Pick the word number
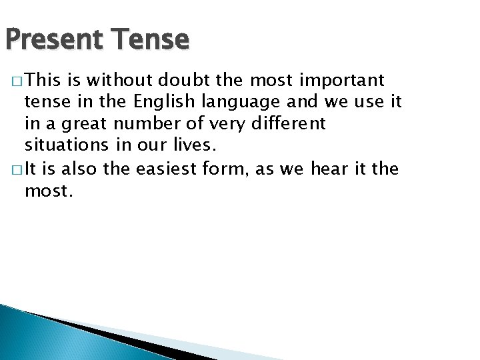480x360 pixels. pyautogui.click(x=145, y=124)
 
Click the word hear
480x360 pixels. pyautogui.click(x=329, y=170)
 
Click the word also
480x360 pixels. pyautogui.click(x=79, y=170)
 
